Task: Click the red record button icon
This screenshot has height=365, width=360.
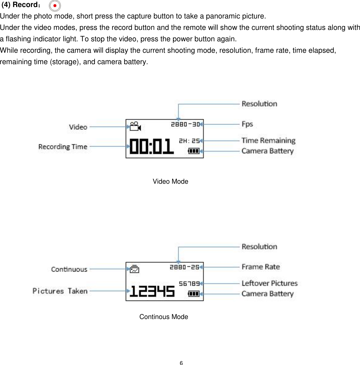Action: click(55, 6)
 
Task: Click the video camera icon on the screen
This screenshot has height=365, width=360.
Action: click(135, 126)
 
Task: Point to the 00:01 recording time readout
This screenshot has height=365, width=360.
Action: click(152, 146)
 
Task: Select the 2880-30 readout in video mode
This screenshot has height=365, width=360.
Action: click(185, 124)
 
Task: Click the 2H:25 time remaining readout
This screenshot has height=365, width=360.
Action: click(189, 141)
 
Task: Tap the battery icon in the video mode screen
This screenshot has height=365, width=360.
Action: click(193, 151)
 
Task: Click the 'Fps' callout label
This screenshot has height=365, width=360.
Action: click(247, 124)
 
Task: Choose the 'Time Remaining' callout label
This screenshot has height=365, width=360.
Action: click(268, 141)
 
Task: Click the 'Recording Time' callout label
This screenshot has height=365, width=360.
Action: click(63, 146)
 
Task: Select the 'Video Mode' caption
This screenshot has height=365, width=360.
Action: click(170, 182)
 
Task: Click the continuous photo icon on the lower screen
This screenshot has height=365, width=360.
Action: click(135, 269)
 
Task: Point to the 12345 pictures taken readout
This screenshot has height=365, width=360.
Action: click(152, 291)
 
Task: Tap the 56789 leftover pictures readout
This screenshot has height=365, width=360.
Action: click(189, 284)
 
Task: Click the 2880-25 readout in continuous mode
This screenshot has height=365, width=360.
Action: click(184, 267)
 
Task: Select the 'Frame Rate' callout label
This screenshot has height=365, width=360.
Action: click(260, 267)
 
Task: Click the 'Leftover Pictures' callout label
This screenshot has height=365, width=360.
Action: click(270, 283)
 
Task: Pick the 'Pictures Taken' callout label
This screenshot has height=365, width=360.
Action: click(60, 291)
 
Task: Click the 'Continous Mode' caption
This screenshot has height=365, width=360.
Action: click(164, 317)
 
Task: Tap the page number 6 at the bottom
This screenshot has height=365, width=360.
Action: click(181, 363)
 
